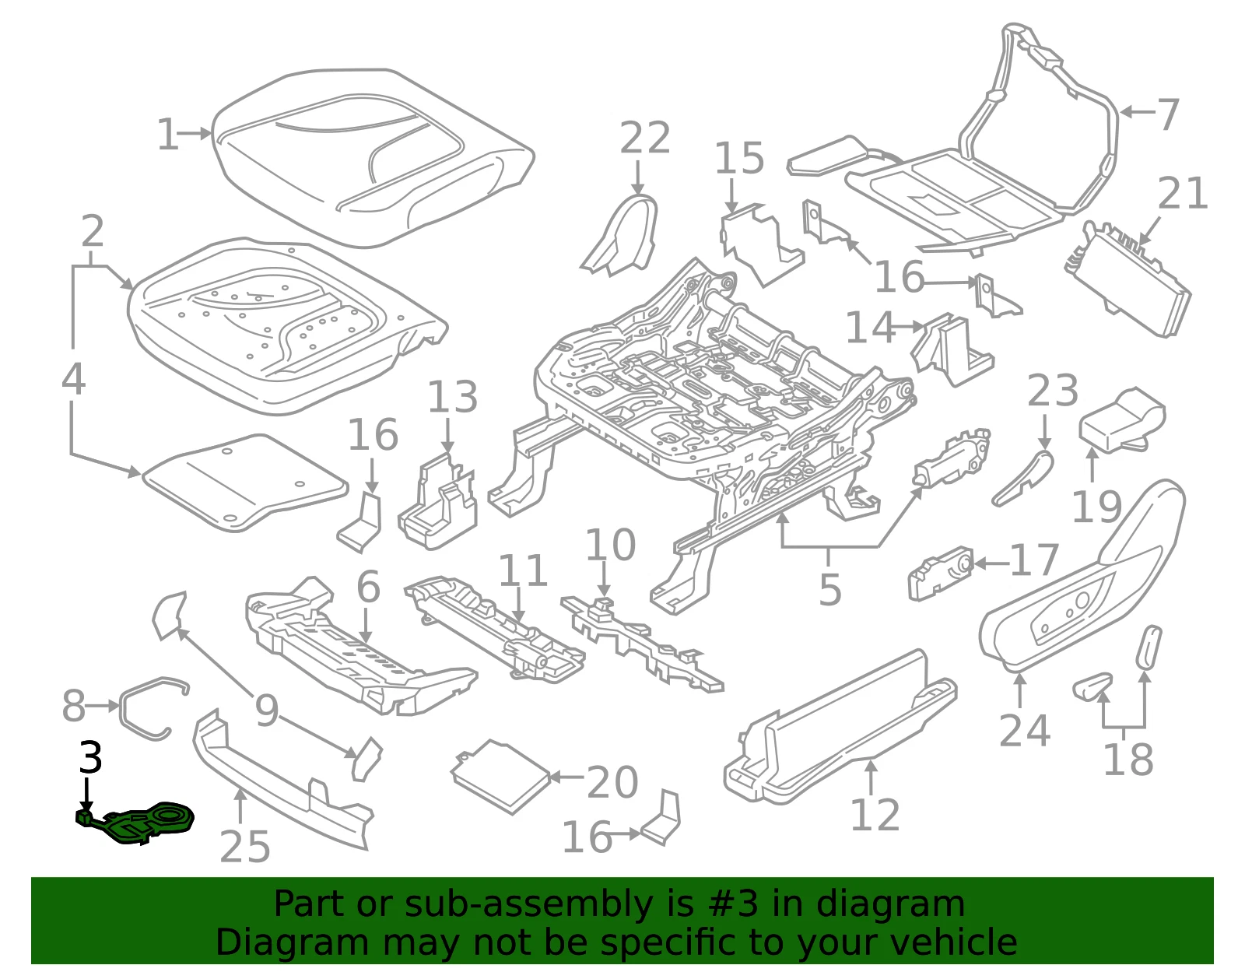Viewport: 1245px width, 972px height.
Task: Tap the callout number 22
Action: (x=645, y=138)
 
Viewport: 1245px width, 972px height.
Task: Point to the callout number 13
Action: (x=453, y=396)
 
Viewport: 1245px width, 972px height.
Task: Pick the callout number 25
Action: (x=244, y=847)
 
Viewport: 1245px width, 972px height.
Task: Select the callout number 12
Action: (x=875, y=815)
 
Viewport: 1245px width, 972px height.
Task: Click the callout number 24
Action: (x=1025, y=730)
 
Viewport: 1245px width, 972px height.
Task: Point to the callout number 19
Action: (x=1096, y=507)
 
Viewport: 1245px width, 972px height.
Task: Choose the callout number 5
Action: (x=830, y=589)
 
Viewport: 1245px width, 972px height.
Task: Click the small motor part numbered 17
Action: (x=940, y=574)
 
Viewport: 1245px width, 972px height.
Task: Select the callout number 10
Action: (x=610, y=545)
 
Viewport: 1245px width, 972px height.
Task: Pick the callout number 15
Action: (x=739, y=157)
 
